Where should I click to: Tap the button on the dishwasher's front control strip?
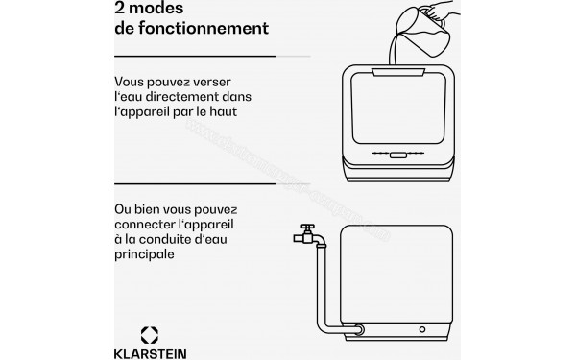390,154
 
